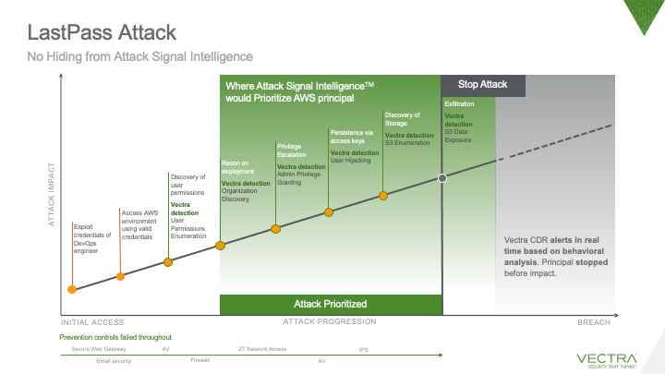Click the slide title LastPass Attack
point(103,34)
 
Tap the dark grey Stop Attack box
point(483,84)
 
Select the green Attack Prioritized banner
point(331,304)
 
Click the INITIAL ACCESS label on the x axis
point(92,322)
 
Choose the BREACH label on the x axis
point(593,322)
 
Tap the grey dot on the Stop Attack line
point(443,177)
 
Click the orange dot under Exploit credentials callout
point(72,290)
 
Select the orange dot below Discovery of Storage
point(383,195)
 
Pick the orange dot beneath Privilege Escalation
point(274,228)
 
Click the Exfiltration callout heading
point(459,104)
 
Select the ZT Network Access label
point(263,350)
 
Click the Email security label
point(115,361)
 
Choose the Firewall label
point(200,360)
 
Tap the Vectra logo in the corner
point(606,357)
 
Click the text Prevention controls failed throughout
point(115,338)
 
